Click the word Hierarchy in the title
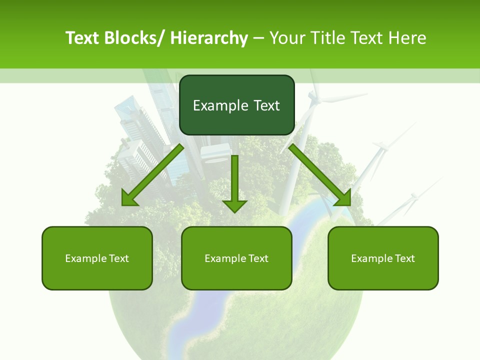[x=209, y=38]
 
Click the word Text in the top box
[x=266, y=105]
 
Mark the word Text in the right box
[x=404, y=258]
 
